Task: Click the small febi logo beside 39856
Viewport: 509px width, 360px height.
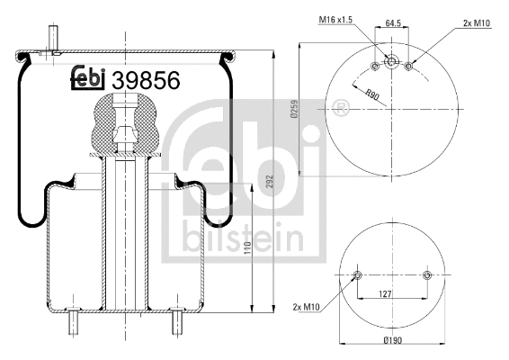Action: [89, 80]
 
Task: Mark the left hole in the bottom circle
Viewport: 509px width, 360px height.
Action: [358, 274]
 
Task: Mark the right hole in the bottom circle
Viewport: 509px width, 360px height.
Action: [426, 274]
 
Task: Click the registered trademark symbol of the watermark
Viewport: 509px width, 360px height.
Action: [340, 110]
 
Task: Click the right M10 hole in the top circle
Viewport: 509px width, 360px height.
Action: [409, 66]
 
